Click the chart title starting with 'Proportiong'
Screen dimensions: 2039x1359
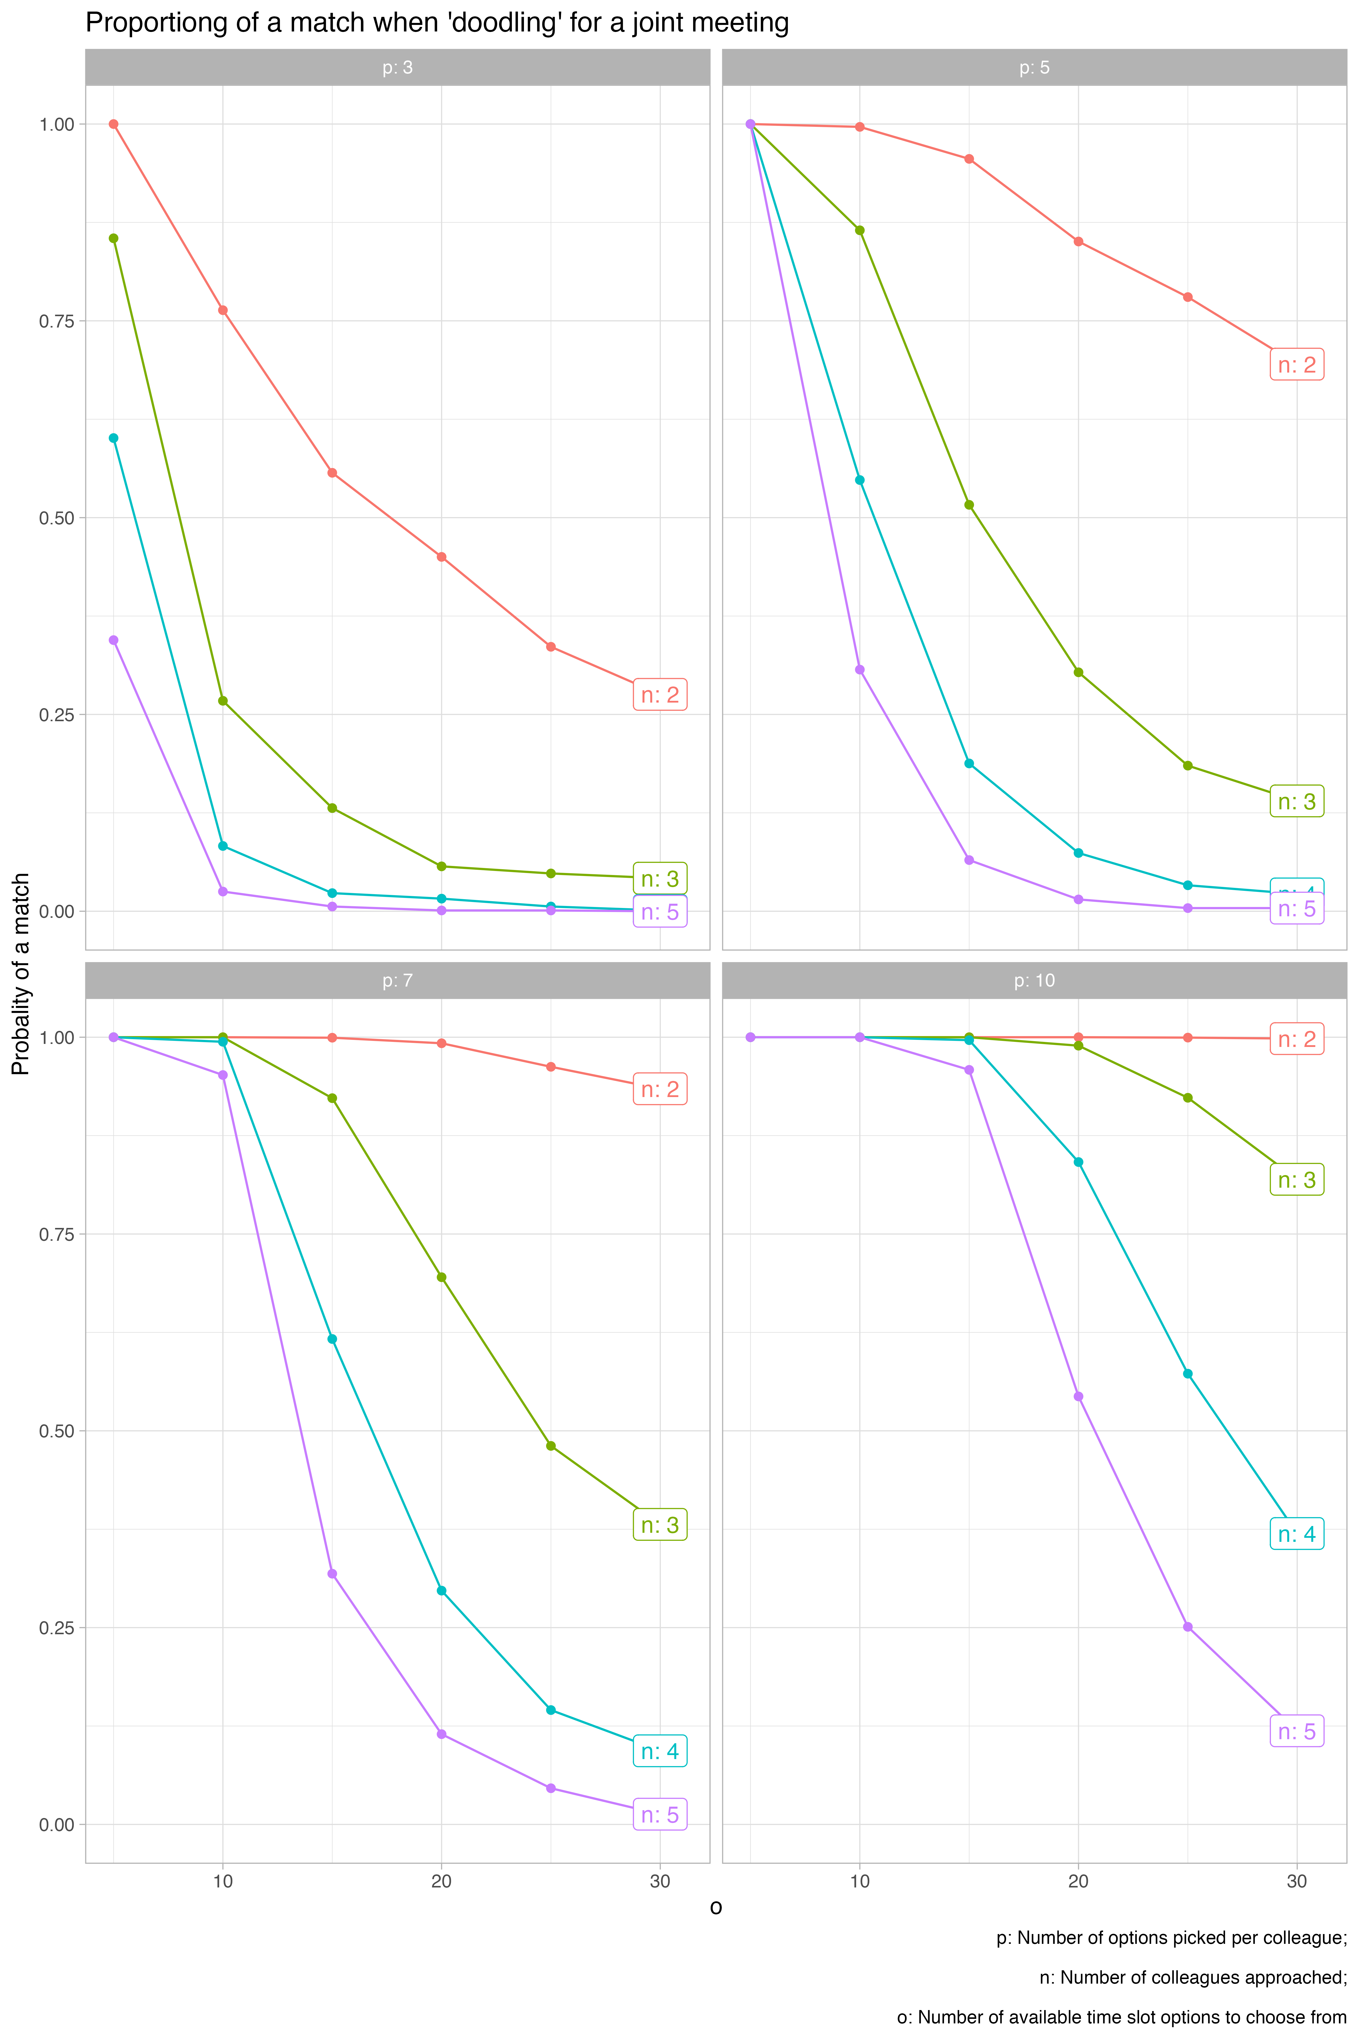(x=437, y=23)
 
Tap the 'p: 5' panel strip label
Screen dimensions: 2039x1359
(x=1034, y=68)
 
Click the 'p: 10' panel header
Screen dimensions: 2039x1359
(x=1034, y=980)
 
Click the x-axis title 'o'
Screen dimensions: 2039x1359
(x=716, y=1907)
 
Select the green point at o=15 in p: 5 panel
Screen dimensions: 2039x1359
(x=969, y=504)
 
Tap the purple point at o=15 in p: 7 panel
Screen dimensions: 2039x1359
(x=332, y=1574)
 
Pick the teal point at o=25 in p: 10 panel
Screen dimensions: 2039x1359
(x=1187, y=1374)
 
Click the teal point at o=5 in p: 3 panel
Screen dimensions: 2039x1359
(x=114, y=438)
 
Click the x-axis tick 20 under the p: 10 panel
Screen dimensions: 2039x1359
(x=1078, y=1881)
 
